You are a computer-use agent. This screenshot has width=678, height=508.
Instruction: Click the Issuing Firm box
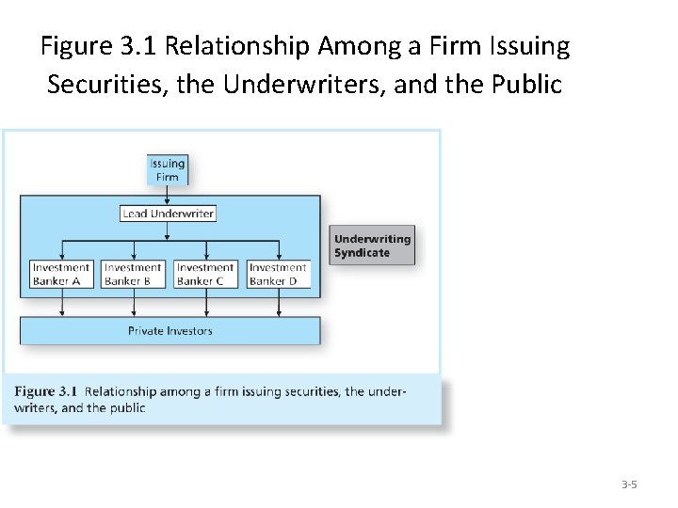click(x=168, y=169)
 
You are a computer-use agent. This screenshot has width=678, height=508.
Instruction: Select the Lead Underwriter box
click(x=169, y=214)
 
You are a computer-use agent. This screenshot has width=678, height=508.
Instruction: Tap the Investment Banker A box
click(x=61, y=274)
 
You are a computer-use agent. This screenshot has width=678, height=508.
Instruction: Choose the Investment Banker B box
click(x=133, y=274)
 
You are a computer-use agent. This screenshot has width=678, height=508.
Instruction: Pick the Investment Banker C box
click(x=205, y=274)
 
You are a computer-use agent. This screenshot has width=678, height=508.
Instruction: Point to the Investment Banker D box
click(x=278, y=274)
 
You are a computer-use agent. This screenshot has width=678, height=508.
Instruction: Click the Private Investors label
click(x=170, y=331)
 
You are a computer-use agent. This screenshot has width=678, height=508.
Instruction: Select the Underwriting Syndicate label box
click(x=372, y=246)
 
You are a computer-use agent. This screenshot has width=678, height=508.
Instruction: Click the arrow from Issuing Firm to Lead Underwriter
click(x=168, y=195)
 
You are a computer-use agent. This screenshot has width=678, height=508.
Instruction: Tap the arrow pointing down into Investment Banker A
click(x=62, y=250)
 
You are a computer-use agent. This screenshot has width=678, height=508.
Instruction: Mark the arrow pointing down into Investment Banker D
click(x=279, y=250)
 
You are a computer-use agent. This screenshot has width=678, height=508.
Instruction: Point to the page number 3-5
click(x=629, y=485)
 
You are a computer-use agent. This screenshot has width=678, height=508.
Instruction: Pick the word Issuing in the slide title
click(x=525, y=45)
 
